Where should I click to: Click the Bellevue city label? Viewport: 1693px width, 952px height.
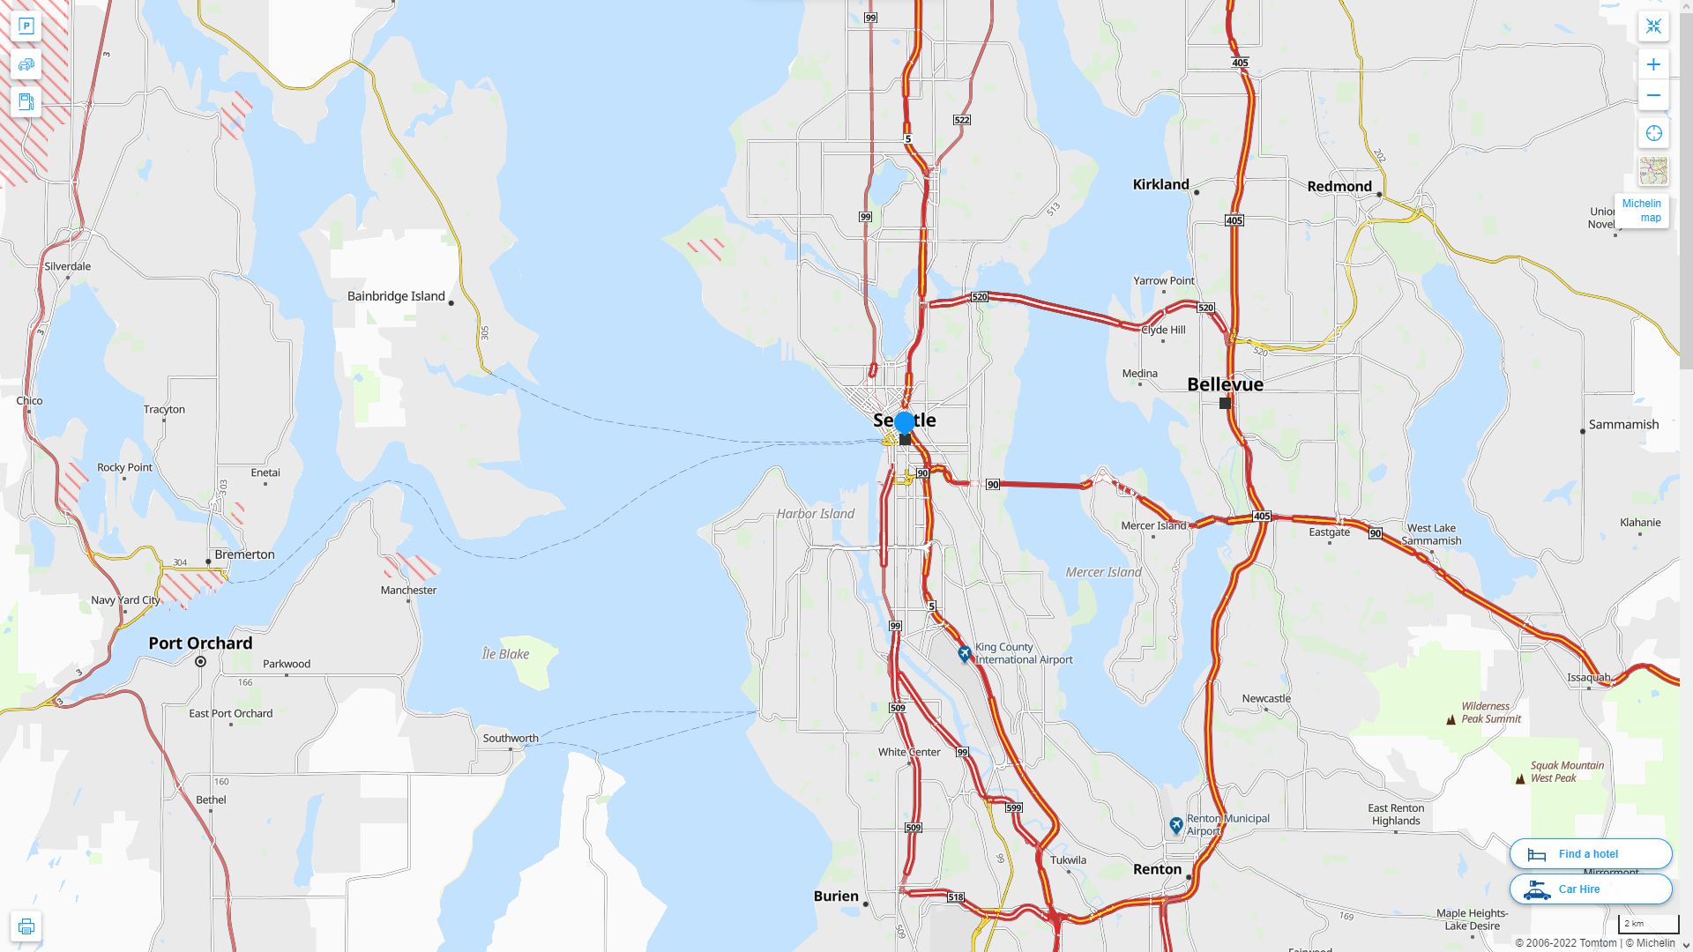pyautogui.click(x=1225, y=384)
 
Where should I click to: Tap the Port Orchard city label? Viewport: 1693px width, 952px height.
pyautogui.click(x=200, y=643)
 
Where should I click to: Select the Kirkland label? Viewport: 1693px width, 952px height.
pyautogui.click(x=1160, y=184)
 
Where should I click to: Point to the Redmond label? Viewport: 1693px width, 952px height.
pyautogui.click(x=1339, y=186)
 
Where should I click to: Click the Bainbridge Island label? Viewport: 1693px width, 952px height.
pyautogui.click(x=396, y=296)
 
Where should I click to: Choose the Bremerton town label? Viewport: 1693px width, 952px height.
pyautogui.click(x=244, y=554)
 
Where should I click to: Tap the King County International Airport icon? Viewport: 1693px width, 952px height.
pyautogui.click(x=965, y=653)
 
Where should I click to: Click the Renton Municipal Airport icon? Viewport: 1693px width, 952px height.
pyautogui.click(x=1175, y=825)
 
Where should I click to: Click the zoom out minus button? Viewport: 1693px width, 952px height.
pyautogui.click(x=1653, y=95)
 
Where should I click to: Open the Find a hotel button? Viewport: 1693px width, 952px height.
pyautogui.click(x=1590, y=853)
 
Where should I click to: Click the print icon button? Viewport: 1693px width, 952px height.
pyautogui.click(x=26, y=926)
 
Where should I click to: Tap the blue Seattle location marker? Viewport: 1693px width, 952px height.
pyautogui.click(x=905, y=423)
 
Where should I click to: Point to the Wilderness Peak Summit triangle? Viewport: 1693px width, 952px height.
pyautogui.click(x=1451, y=719)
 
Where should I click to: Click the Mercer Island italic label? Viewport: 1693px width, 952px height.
pyautogui.click(x=1103, y=572)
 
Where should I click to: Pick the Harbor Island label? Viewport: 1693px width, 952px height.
pyautogui.click(x=815, y=514)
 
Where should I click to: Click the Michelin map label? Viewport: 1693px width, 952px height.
pyautogui.click(x=1641, y=211)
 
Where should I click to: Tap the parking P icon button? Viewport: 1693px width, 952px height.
pyautogui.click(x=26, y=26)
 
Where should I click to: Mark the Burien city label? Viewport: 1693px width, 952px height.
pyautogui.click(x=836, y=896)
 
